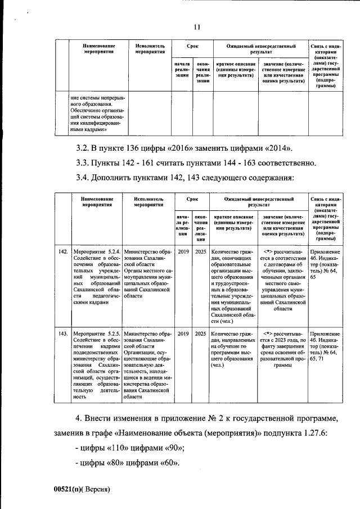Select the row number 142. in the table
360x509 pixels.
[x=63, y=251]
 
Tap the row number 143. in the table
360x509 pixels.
[x=63, y=334]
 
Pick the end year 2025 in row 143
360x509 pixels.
[x=200, y=334]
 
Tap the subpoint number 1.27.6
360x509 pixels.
[x=323, y=434]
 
